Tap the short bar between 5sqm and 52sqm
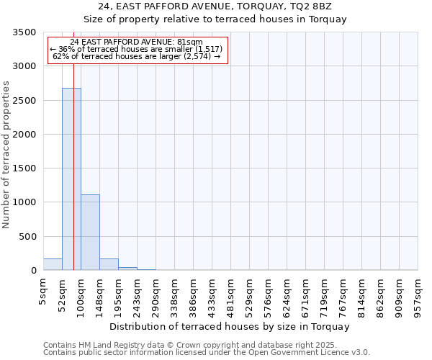pyautogui.click(x=53, y=264)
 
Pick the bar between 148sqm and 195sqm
pyautogui.click(x=109, y=264)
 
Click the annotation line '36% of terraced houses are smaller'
pyautogui.click(x=137, y=49)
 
